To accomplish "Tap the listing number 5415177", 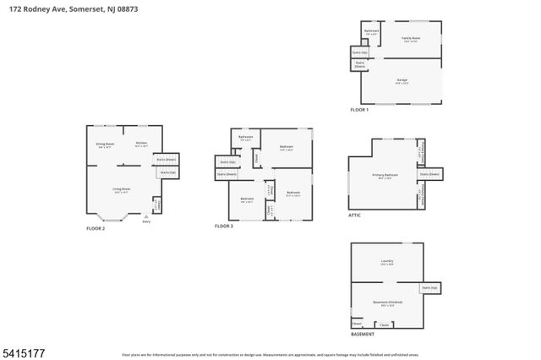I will [x=24, y=349].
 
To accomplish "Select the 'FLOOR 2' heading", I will [x=96, y=228].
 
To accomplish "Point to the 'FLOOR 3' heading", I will [x=223, y=226].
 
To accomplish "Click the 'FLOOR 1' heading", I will [x=360, y=110].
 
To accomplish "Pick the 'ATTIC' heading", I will [x=354, y=215].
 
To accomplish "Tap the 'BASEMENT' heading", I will [x=363, y=334].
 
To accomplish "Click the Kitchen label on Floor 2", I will [x=141, y=143].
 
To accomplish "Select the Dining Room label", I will [x=104, y=144].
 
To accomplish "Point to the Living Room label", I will [x=121, y=188].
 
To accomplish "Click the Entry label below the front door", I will [x=146, y=221].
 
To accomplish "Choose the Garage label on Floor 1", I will [x=402, y=80].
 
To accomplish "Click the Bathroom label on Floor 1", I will [x=371, y=31].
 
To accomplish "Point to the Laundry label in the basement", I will [x=387, y=261].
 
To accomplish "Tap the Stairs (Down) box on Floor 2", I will [x=166, y=158].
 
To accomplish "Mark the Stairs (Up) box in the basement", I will [x=429, y=288].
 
